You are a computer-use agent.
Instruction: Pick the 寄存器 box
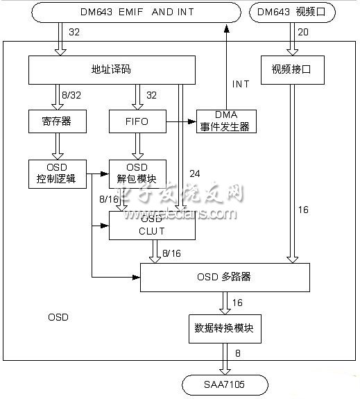pyautogui.click(x=51, y=121)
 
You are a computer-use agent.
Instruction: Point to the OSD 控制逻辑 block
pyautogui.click(x=56, y=174)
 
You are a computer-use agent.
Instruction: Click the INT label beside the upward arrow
pyautogui.click(x=241, y=84)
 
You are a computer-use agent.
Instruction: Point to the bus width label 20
pyautogui.click(x=303, y=31)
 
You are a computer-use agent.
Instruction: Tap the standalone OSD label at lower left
pyautogui.click(x=58, y=316)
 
